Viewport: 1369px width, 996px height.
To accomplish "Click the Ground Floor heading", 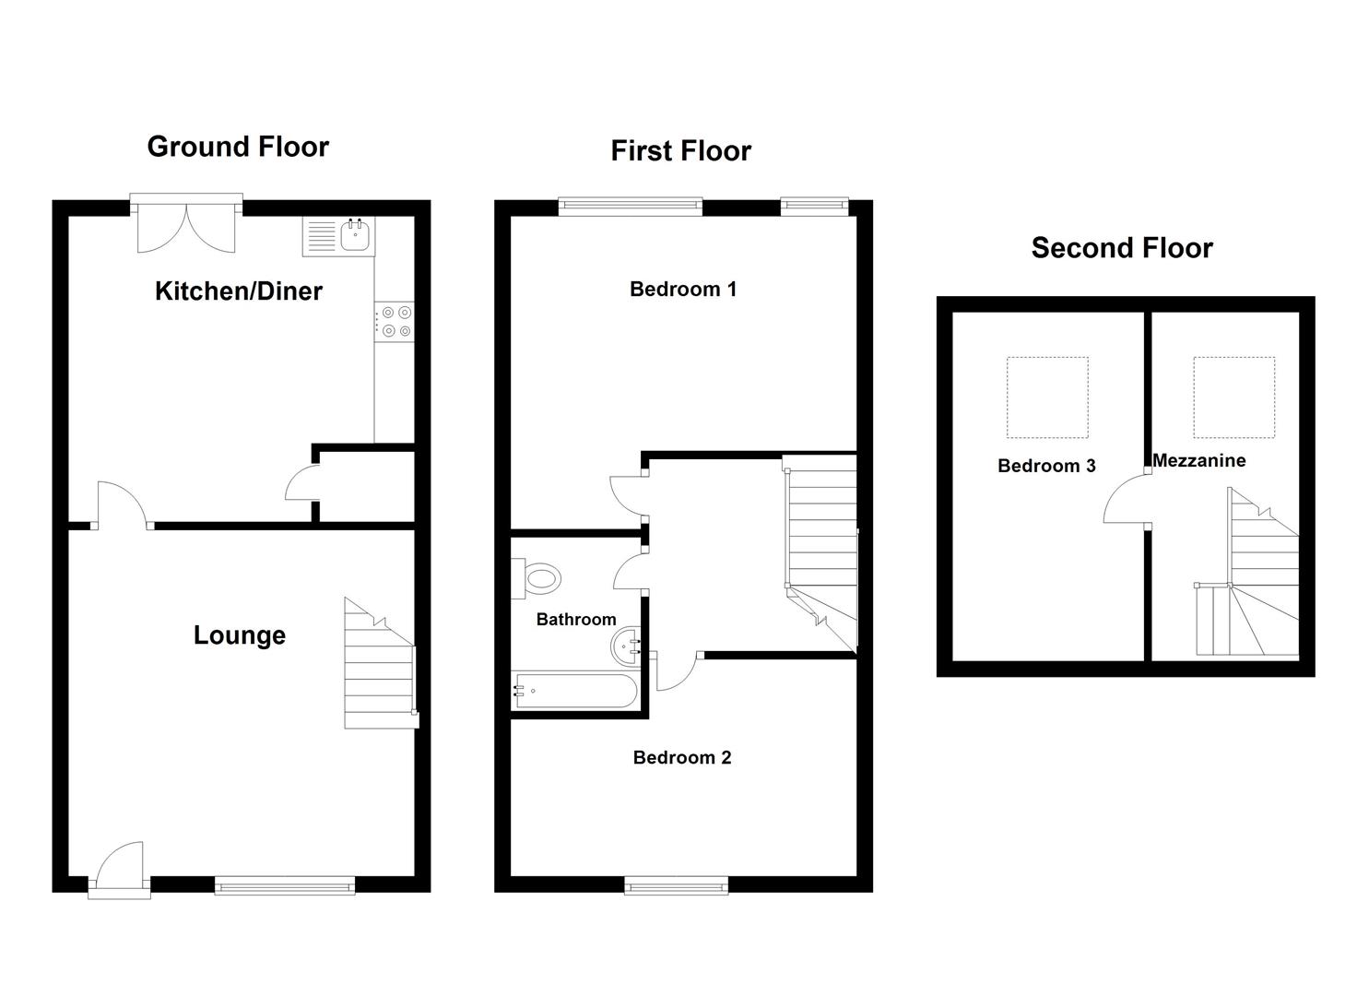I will click(238, 147).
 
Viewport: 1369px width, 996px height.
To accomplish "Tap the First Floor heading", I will click(680, 151).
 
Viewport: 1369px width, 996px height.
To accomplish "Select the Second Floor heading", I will click(1121, 248).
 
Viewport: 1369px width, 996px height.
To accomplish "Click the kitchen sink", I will click(356, 236).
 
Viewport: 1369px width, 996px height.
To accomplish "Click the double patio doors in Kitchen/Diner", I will click(186, 226).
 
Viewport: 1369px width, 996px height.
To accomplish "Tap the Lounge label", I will click(239, 635).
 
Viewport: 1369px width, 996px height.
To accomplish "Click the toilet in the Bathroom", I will click(539, 578).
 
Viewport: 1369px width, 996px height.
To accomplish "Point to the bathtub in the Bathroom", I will click(574, 691).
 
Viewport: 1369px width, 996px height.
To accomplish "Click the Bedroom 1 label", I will click(682, 290).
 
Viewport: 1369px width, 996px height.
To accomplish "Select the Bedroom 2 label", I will click(681, 758).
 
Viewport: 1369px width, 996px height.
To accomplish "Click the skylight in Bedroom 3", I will click(1046, 397).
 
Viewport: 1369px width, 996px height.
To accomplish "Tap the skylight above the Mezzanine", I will click(1233, 397).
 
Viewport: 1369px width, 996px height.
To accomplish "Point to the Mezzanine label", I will click(1199, 461).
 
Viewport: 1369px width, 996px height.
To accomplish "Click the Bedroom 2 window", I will click(676, 886).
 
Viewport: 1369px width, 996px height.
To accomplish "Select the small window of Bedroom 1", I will click(814, 207).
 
